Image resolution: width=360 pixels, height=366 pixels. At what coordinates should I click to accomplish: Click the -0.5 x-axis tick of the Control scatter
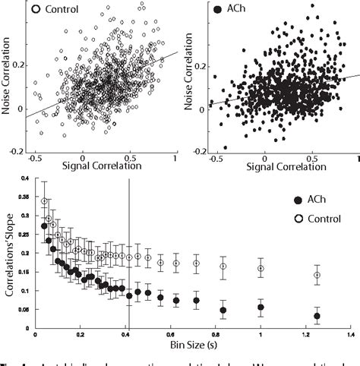tap(34, 159)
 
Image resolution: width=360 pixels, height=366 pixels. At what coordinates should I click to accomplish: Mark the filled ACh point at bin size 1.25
tap(317, 316)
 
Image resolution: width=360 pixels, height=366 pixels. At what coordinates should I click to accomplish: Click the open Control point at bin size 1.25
tap(317, 275)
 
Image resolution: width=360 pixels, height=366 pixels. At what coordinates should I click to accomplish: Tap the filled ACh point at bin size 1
tap(261, 308)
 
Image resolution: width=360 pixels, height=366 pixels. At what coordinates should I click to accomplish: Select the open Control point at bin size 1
tap(261, 268)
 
